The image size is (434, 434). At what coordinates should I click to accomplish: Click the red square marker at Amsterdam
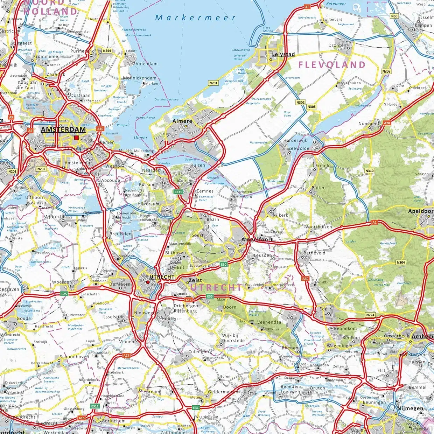coord(76,138)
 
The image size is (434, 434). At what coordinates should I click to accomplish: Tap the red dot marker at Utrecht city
coord(148,282)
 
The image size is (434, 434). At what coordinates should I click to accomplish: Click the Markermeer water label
coord(195,17)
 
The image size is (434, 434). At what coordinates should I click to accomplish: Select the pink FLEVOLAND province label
coord(332,65)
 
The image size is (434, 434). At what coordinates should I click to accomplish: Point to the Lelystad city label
coord(283,54)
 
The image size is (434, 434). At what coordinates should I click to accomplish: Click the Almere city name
coord(182,121)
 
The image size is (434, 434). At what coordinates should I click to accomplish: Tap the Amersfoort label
coord(257,239)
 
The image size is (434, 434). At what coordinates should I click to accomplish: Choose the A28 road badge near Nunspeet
coord(387,123)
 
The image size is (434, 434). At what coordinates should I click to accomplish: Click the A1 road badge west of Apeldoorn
coord(374,222)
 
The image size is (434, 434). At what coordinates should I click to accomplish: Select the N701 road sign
coord(213,83)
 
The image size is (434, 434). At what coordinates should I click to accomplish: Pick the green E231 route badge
coord(178,192)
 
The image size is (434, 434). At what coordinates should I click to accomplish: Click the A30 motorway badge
coord(306,279)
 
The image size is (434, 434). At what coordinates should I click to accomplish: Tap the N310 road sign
coord(369,171)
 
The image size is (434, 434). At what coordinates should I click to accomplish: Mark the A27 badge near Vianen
coord(126,356)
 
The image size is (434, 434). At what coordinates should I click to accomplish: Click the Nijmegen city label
coord(410,408)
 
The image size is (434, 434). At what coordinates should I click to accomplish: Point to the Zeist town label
coord(195,280)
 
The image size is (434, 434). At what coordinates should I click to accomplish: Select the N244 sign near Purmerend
coord(107,51)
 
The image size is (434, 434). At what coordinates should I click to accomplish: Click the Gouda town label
coord(24,318)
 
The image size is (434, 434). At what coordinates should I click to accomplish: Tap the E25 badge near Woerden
coord(64,294)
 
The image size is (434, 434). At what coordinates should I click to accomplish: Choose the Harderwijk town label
coord(295,140)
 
